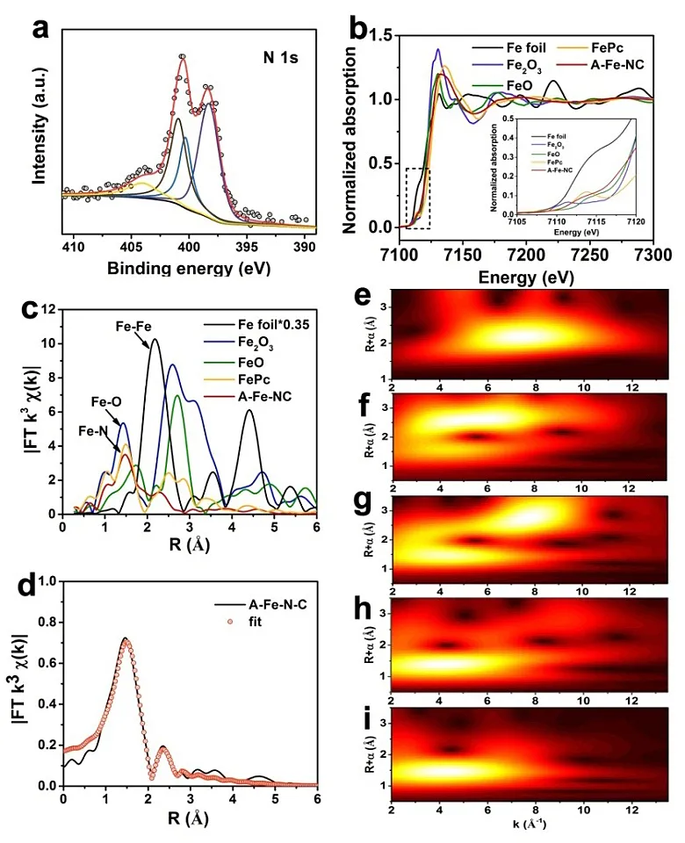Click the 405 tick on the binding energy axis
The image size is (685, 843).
[132, 243]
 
